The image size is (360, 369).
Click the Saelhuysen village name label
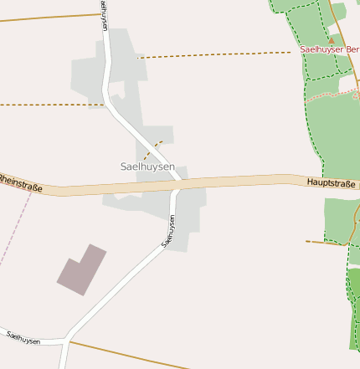pos(147,167)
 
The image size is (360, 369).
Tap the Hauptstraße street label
pos(331,182)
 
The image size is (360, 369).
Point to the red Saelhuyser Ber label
pos(330,49)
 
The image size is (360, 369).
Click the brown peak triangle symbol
pos(331,38)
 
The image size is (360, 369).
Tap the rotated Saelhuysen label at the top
pos(103,15)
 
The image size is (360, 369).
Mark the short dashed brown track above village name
pos(152,150)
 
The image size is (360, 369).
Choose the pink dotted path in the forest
pos(331,95)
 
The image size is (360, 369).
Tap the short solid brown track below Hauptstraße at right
pos(325,243)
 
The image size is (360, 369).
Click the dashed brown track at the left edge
pos(42,105)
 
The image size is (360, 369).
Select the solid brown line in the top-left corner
pos(46,16)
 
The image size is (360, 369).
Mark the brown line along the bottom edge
pos(126,355)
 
